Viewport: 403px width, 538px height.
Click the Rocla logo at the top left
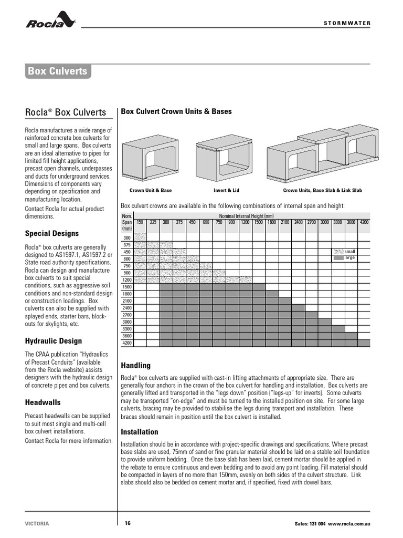(x=51, y=21)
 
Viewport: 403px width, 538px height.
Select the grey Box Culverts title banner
(x=57, y=71)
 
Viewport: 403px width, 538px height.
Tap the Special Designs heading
(x=52, y=233)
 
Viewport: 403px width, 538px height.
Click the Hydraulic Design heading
(x=54, y=341)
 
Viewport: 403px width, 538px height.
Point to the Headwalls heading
(x=43, y=402)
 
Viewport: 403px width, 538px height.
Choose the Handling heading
(x=136, y=365)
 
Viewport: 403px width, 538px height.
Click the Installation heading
(x=140, y=432)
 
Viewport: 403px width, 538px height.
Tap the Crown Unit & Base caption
(x=151, y=190)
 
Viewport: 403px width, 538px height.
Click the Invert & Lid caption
(x=226, y=190)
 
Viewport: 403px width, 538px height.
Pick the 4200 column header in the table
(x=364, y=222)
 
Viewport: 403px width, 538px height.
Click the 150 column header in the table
(x=140, y=222)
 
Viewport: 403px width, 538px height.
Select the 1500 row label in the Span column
(x=127, y=287)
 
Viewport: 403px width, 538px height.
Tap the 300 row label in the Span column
(x=127, y=238)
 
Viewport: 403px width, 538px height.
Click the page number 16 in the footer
(x=128, y=523)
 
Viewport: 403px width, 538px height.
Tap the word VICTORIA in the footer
(x=37, y=524)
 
